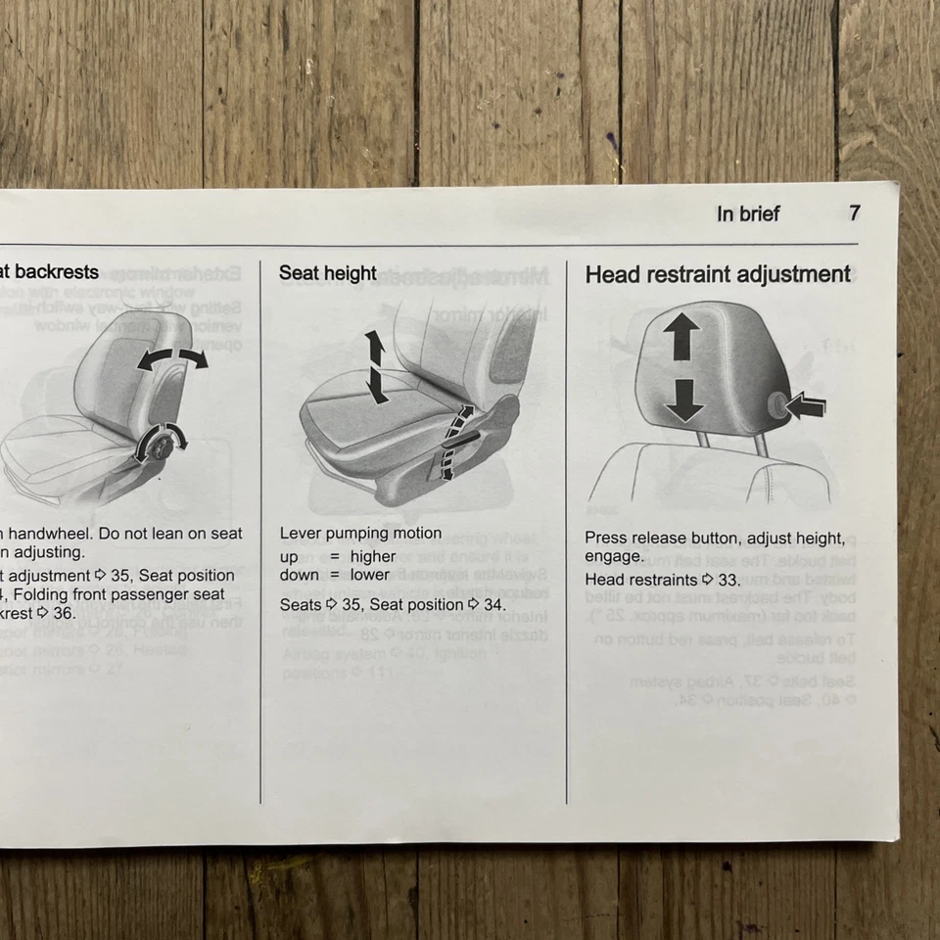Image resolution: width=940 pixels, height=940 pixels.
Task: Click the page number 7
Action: click(x=854, y=213)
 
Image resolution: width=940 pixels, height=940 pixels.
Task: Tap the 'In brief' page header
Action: click(x=747, y=214)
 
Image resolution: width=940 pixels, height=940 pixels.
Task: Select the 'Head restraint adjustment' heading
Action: click(x=718, y=275)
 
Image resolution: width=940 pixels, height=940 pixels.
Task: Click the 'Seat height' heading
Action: click(x=327, y=273)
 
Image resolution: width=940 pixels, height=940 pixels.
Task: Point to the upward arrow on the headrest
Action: click(x=681, y=339)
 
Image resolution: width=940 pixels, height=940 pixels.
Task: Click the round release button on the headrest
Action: click(x=777, y=403)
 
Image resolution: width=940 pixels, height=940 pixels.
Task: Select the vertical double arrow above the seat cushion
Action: click(x=375, y=366)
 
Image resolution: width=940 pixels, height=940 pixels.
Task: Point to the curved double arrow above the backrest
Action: click(x=171, y=358)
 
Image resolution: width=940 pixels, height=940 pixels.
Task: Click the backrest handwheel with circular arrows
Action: click(x=159, y=443)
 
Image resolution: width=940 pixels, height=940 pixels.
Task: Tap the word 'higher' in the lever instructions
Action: click(x=373, y=556)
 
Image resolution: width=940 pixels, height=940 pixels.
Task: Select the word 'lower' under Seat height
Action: click(x=369, y=575)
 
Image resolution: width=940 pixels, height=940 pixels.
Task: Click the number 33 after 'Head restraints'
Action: click(x=728, y=580)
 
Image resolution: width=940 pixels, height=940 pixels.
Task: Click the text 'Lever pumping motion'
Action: click(x=360, y=534)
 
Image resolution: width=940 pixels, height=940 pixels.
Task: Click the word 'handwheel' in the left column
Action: click(x=44, y=534)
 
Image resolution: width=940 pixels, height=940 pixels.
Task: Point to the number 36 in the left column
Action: click(x=63, y=613)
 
